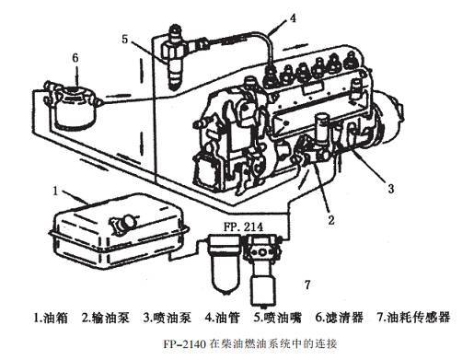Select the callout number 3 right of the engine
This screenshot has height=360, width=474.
click(x=390, y=189)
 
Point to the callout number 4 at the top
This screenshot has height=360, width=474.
click(x=293, y=17)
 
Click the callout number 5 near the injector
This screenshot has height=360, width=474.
click(x=124, y=40)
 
